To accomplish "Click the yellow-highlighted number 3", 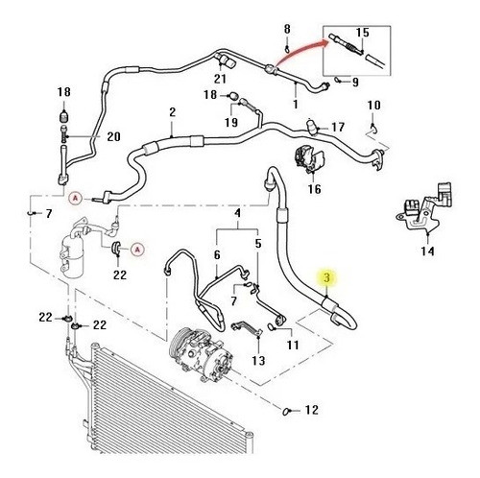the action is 326,277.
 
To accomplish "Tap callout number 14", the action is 427,251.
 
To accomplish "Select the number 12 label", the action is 311,410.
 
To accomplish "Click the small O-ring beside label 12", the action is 286,411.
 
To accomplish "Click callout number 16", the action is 314,189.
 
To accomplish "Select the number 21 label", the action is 220,79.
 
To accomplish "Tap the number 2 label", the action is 173,112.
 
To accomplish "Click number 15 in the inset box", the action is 363,33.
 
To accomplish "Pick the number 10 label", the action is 373,106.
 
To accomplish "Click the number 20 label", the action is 113,136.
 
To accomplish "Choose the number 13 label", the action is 258,361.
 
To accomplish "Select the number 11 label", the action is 293,345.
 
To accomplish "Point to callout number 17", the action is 338,128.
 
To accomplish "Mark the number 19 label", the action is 231,122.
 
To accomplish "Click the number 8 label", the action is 287,29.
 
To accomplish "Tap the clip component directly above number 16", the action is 309,158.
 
